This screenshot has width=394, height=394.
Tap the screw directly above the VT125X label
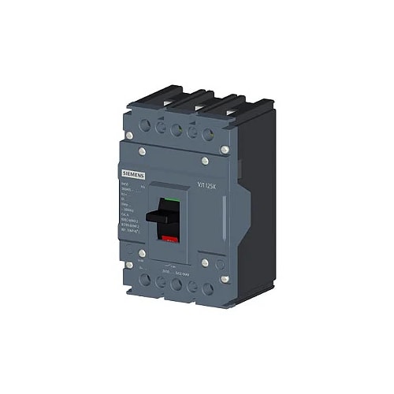(x=205, y=161)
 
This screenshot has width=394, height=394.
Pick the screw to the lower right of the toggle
(x=204, y=262)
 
